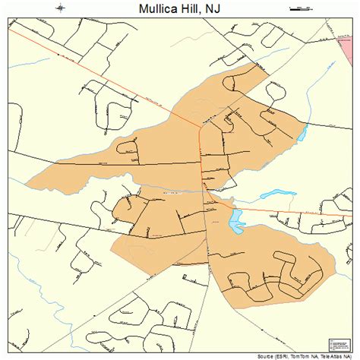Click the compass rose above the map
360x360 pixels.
point(60,9)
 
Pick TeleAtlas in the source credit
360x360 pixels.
point(333,355)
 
